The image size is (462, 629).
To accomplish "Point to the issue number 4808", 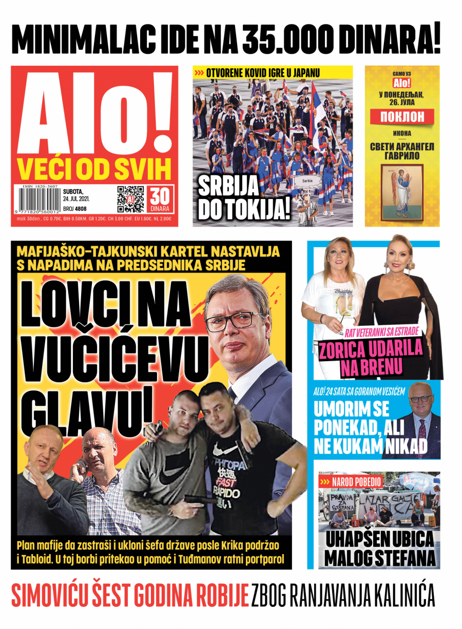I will (81, 209).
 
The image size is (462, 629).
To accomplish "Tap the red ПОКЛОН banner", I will (402, 116).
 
